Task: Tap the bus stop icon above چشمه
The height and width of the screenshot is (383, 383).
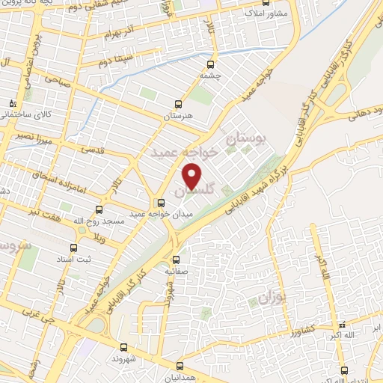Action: (210, 64)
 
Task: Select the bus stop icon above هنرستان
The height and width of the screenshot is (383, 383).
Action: (178, 104)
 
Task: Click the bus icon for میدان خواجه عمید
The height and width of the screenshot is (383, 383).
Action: (160, 203)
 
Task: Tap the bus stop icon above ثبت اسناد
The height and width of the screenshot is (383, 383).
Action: (73, 247)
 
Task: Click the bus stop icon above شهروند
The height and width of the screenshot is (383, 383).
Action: (124, 347)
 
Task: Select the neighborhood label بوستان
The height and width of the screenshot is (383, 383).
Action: (246, 139)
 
